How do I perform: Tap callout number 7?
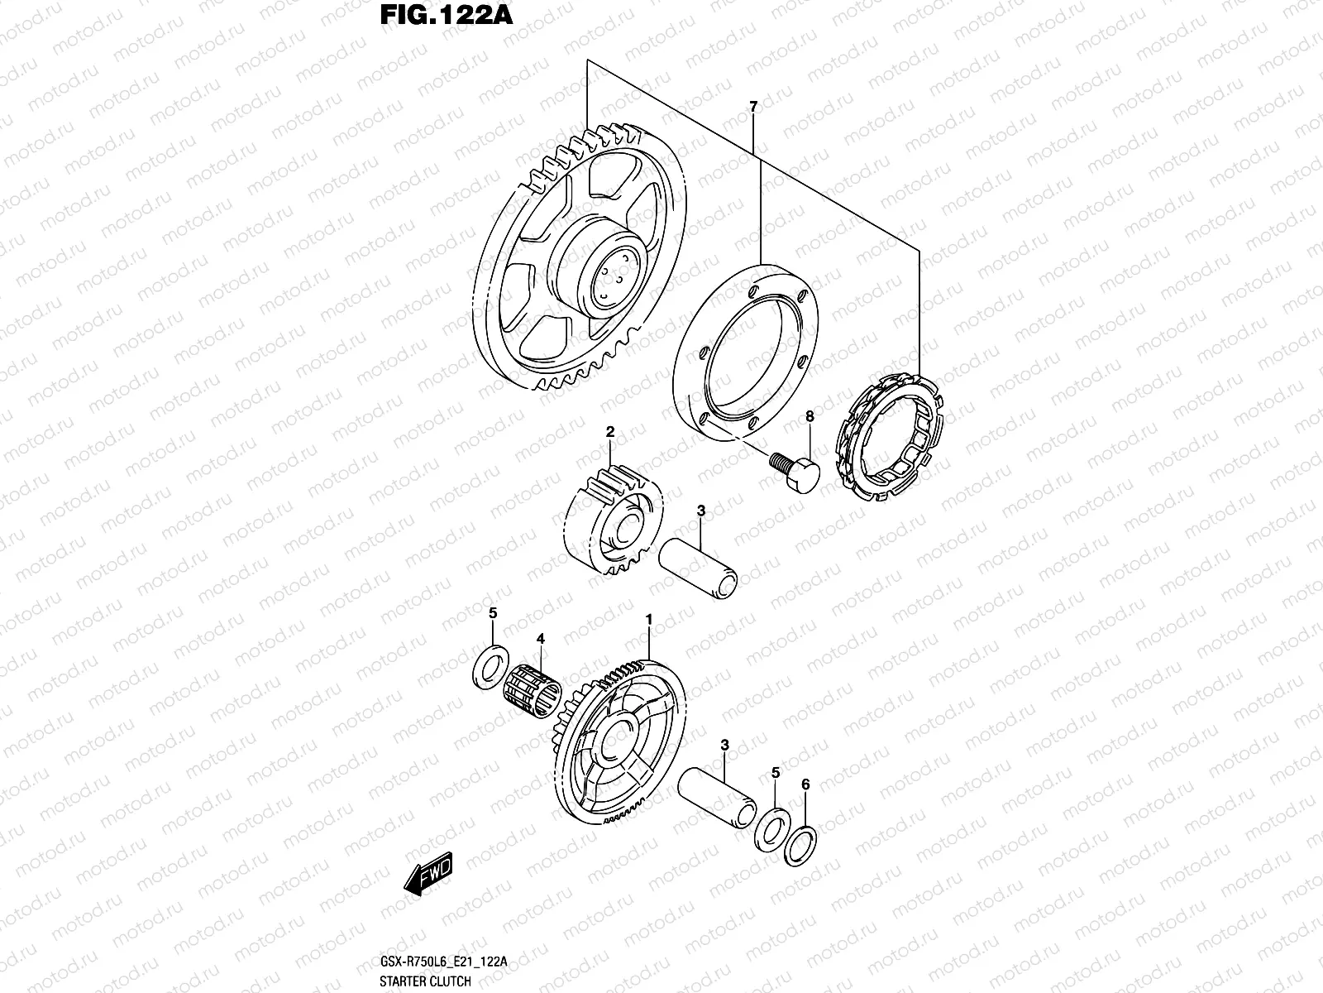(752, 107)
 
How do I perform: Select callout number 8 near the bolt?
(810, 418)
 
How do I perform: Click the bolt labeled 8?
(795, 468)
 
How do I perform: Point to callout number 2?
(610, 432)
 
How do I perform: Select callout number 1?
(649, 619)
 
